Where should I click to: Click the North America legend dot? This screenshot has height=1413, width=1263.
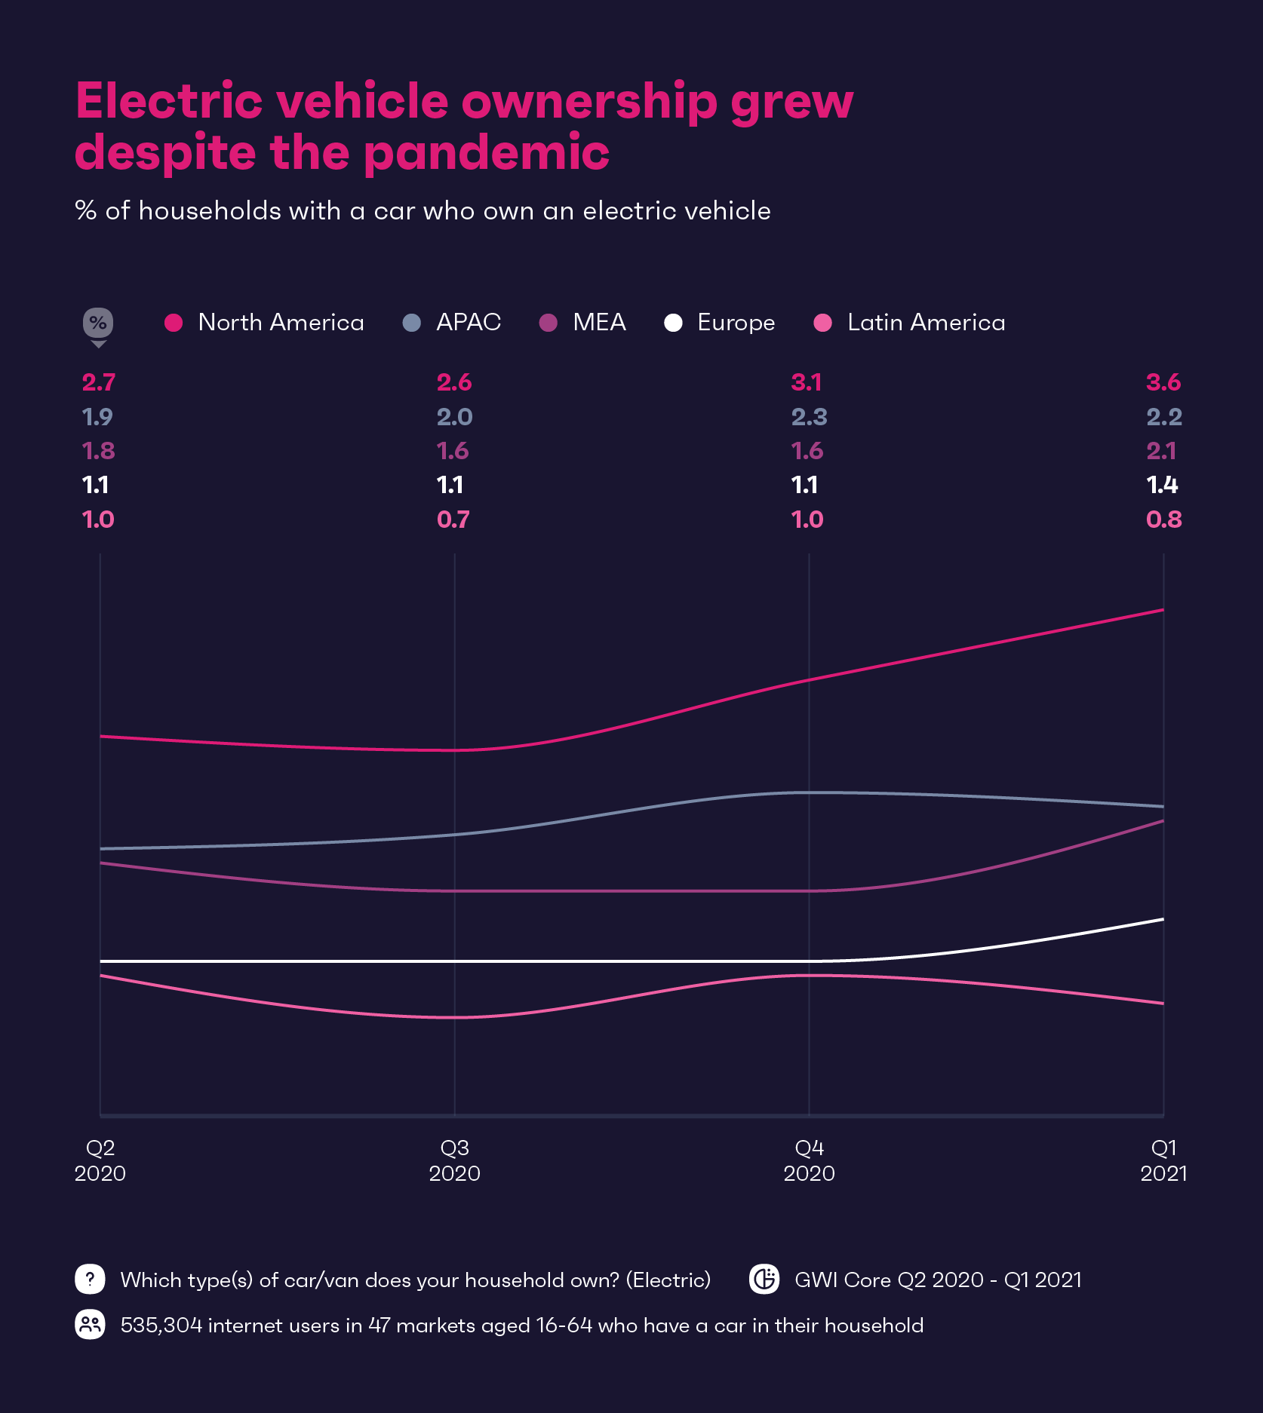174,323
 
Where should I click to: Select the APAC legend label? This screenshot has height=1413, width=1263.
468,323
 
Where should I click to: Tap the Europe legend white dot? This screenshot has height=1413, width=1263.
673,323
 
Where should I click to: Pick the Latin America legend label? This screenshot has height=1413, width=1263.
926,323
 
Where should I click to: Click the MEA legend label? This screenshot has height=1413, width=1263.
599,323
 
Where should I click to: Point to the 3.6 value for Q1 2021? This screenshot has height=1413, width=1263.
1163,382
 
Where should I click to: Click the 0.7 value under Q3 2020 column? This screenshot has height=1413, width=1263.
453,520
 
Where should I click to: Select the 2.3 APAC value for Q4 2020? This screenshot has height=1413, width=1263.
809,417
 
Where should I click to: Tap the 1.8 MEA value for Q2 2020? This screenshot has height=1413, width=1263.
99,451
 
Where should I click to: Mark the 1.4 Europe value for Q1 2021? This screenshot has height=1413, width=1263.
1162,485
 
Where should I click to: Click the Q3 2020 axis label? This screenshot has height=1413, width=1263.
454,1160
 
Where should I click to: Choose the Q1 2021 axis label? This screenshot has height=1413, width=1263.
1163,1160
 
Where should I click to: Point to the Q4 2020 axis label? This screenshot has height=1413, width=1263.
809,1160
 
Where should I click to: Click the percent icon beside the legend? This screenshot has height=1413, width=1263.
98,323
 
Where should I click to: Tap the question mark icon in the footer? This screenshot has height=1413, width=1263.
90,1279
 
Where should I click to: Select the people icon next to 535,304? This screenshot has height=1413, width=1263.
90,1325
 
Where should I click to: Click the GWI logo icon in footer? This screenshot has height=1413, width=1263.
764,1279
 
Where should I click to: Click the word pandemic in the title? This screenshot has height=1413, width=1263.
487,153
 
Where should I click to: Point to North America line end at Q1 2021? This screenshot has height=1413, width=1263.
1162,610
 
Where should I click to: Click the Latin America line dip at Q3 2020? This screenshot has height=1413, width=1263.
455,1017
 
